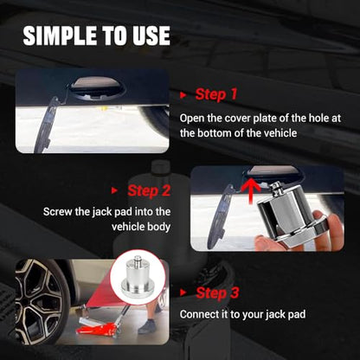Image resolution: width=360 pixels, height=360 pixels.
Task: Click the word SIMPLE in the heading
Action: tap(60, 35)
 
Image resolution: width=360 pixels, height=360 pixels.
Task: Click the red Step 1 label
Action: tap(216, 94)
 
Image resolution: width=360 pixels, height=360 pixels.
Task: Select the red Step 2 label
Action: tap(149, 191)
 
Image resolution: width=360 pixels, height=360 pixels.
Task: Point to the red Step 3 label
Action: tap(217, 292)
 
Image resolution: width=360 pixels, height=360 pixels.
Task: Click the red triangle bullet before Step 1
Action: tap(183, 95)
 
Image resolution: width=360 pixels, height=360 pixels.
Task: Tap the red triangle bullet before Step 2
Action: tap(114, 190)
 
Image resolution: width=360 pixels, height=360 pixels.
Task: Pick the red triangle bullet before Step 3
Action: tap(183, 292)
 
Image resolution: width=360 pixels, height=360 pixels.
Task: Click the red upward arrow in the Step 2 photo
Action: tap(251, 190)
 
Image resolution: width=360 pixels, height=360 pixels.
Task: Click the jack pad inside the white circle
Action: tap(137, 277)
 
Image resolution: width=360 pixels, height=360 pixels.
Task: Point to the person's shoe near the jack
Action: tap(147, 326)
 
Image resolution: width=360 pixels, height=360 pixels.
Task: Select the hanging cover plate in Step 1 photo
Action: tap(47, 125)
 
